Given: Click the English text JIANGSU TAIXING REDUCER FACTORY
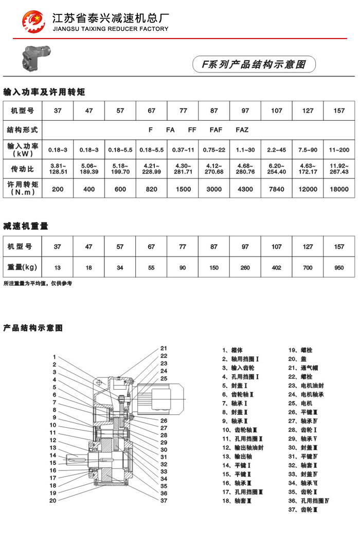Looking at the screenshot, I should [x=111, y=29].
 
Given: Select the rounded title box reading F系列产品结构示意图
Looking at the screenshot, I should [x=254, y=64].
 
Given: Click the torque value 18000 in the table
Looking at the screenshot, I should [x=339, y=189].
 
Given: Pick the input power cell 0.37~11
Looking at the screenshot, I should [x=183, y=150].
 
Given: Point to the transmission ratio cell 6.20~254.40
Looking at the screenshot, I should [x=277, y=169].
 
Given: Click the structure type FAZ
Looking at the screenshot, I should [x=242, y=130].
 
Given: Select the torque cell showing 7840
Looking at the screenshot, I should [x=277, y=189].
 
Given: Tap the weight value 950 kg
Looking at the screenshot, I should [x=339, y=267].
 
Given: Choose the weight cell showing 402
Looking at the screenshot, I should [x=277, y=267].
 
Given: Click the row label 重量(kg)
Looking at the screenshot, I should [x=24, y=267].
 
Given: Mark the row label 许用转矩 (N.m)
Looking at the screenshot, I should [x=24, y=189].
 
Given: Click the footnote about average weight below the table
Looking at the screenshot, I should [x=38, y=283].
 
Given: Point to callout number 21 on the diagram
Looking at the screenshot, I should [x=164, y=348].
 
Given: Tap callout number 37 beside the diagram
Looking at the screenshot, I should [x=164, y=500].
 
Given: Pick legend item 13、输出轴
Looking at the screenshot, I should [x=237, y=456].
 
